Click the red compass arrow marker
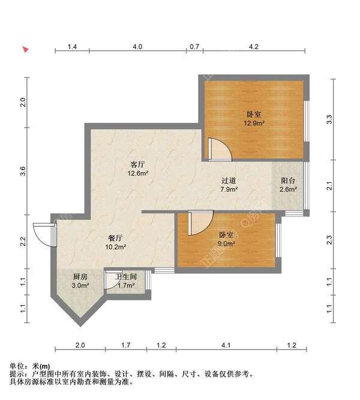pyautogui.click(x=25, y=49)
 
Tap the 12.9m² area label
pyautogui.click(x=254, y=124)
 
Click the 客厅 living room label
pyautogui.click(x=138, y=164)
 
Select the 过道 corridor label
pyautogui.click(x=229, y=181)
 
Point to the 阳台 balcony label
pyautogui.click(x=288, y=181)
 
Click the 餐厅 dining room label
pyautogui.click(x=115, y=238)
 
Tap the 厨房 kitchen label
pyautogui.click(x=80, y=276)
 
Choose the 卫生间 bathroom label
pyautogui.click(x=126, y=276)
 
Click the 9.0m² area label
pyautogui.click(x=226, y=243)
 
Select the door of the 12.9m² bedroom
pyautogui.click(x=220, y=150)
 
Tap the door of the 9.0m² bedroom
pyautogui.click(x=200, y=222)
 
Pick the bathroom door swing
pyautogui.click(x=111, y=281)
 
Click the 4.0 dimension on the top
pyautogui.click(x=137, y=47)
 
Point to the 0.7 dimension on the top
pyautogui.click(x=194, y=47)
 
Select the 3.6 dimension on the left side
pyautogui.click(x=23, y=171)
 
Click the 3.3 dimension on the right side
pyautogui.click(x=329, y=119)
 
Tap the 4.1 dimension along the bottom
pyautogui.click(x=226, y=345)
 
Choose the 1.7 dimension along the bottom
pyautogui.click(x=126, y=345)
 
